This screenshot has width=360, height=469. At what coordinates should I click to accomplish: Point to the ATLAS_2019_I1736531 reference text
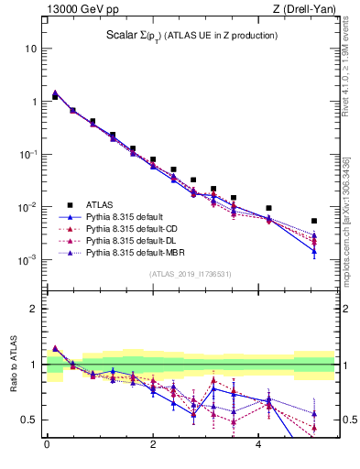pyautogui.click(x=190, y=274)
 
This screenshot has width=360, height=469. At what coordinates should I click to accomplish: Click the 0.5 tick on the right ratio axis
pyautogui.click(x=349, y=420)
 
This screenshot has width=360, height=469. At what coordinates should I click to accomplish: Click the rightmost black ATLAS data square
pyautogui.click(x=314, y=221)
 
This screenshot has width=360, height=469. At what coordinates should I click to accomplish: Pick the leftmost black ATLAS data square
pyautogui.click(x=55, y=96)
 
